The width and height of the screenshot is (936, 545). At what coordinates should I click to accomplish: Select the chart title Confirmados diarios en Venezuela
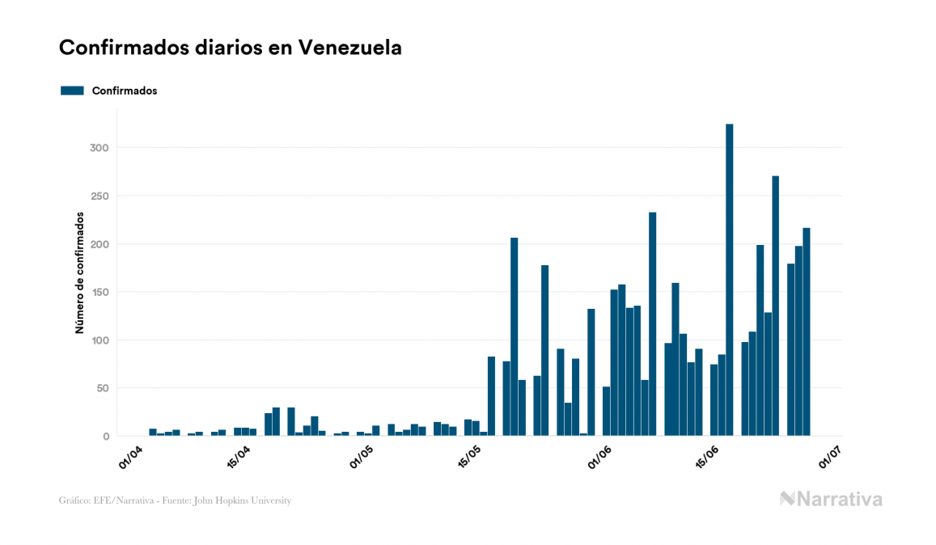click(x=230, y=48)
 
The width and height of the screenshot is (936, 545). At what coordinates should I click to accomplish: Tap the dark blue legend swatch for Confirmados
click(x=72, y=91)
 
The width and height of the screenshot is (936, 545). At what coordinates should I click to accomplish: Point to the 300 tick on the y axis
click(x=100, y=148)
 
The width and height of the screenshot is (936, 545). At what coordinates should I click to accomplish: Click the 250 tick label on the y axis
click(x=100, y=196)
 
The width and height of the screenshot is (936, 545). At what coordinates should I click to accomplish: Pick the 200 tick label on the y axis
click(x=100, y=244)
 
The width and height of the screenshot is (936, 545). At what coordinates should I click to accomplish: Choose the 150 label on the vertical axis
click(x=100, y=292)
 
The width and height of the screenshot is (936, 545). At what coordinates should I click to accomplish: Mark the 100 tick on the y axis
click(x=100, y=340)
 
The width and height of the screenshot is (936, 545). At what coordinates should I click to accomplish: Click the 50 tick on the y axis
click(x=103, y=388)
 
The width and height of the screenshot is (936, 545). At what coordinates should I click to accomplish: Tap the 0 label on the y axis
click(x=106, y=437)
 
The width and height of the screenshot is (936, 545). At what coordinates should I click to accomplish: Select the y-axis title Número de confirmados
click(x=80, y=272)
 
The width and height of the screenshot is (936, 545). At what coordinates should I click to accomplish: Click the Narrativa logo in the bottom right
click(x=831, y=499)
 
